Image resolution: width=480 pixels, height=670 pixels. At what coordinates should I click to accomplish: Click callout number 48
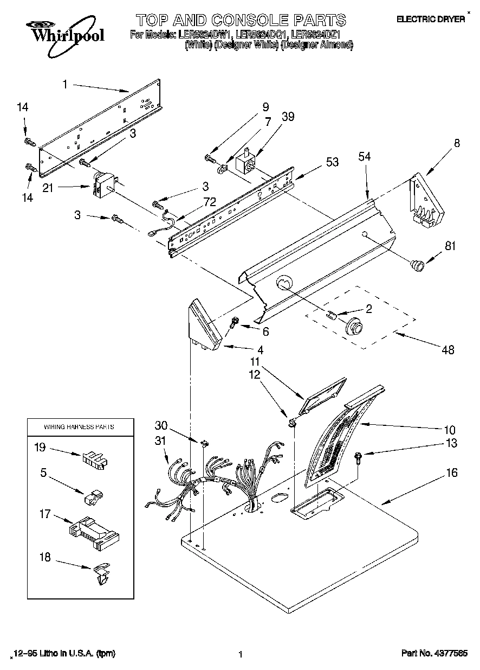point(447,350)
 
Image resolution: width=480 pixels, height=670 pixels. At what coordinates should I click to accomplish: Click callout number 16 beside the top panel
point(451,473)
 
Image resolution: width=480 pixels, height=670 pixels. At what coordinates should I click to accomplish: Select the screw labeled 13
point(359,456)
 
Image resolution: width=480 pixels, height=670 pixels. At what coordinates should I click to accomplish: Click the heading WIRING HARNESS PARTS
point(79,427)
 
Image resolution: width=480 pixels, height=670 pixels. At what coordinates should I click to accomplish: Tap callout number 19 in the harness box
point(40,448)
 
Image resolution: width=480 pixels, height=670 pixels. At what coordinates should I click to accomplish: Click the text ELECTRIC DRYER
point(431,19)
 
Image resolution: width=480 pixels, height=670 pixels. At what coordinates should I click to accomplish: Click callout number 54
point(365,157)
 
